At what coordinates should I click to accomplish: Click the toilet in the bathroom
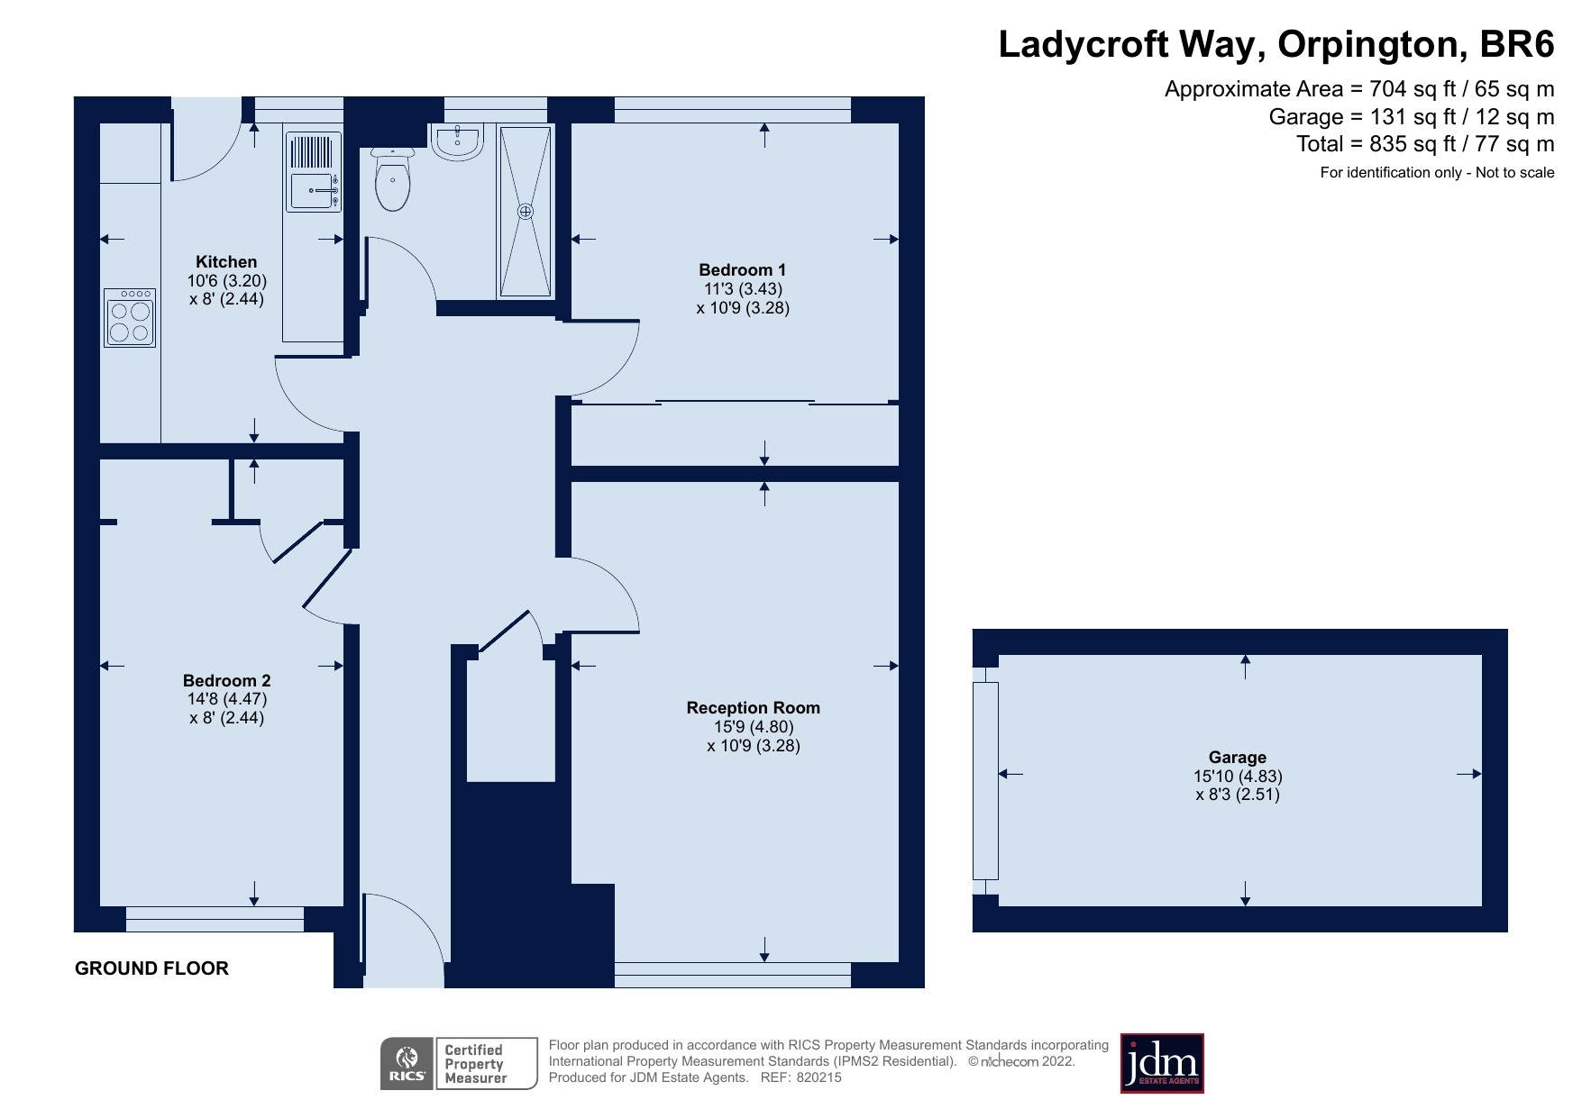point(392,181)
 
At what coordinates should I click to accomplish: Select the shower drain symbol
point(526,212)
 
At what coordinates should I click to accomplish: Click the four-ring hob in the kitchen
point(130,318)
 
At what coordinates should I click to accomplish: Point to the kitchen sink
point(313,190)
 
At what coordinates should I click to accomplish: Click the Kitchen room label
point(226,262)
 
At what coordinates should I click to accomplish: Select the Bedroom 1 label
point(742,269)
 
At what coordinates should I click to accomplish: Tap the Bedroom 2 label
point(226,680)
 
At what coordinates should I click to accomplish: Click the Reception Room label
point(753,707)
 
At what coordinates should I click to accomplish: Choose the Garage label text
point(1237,757)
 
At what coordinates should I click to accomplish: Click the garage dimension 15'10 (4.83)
point(1237,776)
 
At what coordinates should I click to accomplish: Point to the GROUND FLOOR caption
point(151,968)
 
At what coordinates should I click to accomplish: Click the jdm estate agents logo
point(1161,1064)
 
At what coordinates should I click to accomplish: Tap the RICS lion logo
point(407,1064)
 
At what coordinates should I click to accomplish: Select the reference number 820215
point(818,1077)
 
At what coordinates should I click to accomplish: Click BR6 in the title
point(1517,44)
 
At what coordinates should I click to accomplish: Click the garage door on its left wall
point(985,780)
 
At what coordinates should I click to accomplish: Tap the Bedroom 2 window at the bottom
point(215,919)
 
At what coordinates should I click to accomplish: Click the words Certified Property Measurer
point(475,1064)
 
